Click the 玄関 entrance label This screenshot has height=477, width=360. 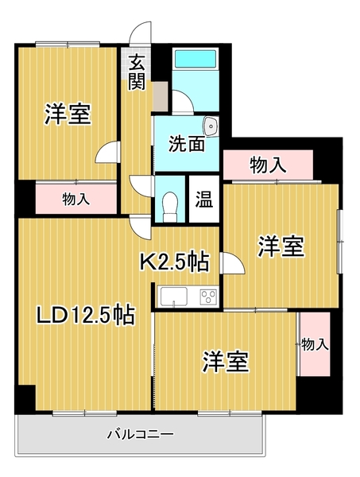[136, 72]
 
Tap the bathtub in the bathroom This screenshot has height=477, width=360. [195, 58]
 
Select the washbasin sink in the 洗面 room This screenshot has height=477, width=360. [211, 126]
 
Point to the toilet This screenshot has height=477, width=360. [170, 207]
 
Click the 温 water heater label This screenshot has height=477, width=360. [203, 200]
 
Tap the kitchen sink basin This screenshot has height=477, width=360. [174, 297]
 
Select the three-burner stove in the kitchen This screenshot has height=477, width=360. [208, 296]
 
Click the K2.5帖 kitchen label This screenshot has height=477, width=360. [174, 262]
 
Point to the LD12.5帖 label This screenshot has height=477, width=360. [85, 315]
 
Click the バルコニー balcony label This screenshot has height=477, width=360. [140, 434]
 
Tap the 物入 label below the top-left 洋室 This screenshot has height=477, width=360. [76, 200]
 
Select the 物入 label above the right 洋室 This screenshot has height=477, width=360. [268, 165]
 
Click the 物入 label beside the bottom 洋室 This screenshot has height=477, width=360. [315, 345]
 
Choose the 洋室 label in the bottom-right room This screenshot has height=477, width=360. [226, 362]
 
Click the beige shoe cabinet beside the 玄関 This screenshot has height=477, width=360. [161, 96]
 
